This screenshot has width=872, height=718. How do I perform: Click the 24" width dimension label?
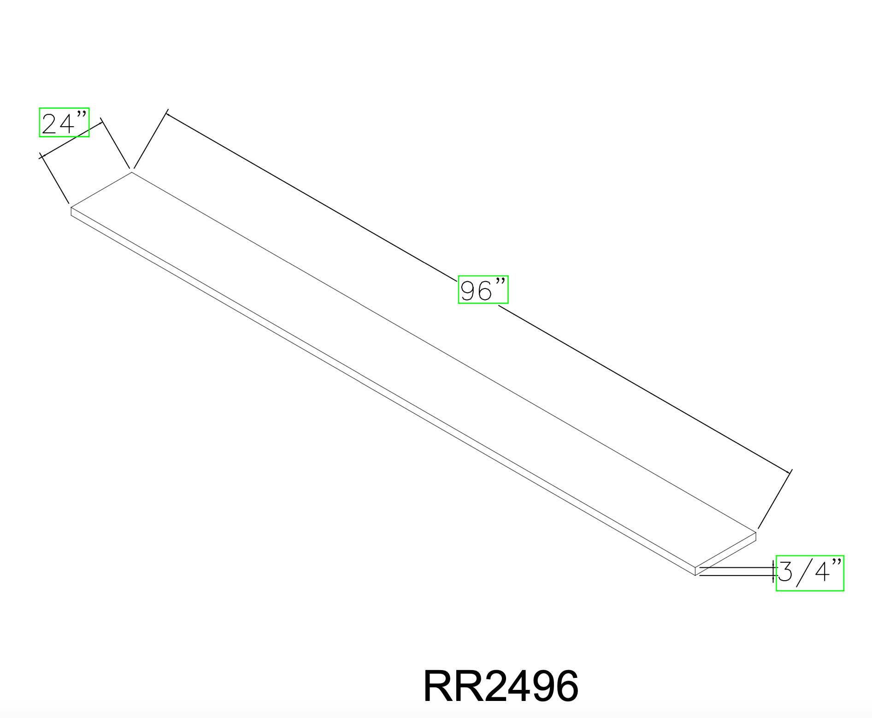click(64, 123)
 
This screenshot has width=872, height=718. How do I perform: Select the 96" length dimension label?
click(483, 290)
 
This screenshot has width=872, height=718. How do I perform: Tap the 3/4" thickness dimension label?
click(810, 573)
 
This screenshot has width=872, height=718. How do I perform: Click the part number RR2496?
click(501, 686)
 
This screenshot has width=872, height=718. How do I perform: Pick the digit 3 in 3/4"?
click(785, 572)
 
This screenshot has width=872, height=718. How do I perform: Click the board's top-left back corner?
click(132, 172)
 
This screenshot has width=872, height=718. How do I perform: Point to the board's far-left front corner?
click(71, 208)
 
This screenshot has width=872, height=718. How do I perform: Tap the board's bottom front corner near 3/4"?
click(695, 575)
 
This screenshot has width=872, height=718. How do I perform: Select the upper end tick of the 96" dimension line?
click(167, 112)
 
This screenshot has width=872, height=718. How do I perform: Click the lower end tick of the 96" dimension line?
click(790, 472)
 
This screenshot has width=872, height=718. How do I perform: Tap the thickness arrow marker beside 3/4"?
click(773, 571)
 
